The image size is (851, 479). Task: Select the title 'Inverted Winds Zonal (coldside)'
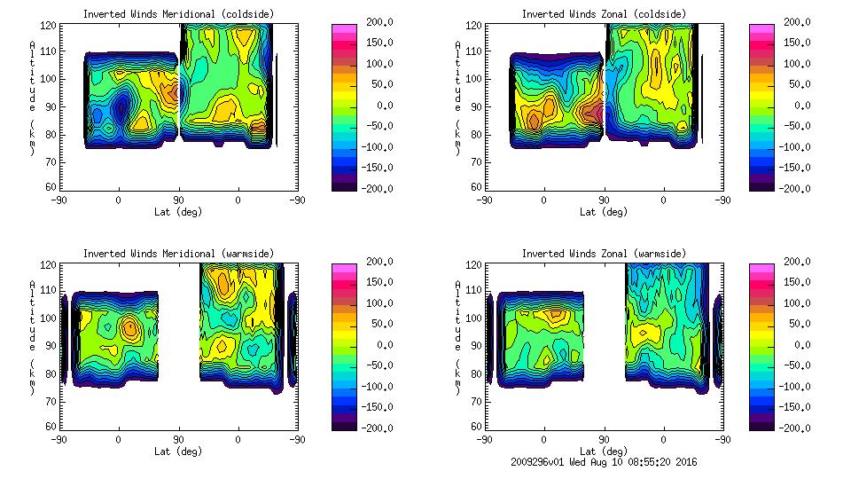604,14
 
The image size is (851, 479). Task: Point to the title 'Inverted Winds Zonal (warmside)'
604,254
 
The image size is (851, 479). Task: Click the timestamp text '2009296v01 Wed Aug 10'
576,462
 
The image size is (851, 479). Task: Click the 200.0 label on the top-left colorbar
376,22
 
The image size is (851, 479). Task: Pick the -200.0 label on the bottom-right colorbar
792,428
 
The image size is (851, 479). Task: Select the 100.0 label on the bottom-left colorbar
376,303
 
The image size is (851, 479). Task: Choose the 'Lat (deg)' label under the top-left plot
178,212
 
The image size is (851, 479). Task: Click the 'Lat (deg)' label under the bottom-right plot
604,451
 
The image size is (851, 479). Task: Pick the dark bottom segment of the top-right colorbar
761,185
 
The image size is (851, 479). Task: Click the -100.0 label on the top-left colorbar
374,147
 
